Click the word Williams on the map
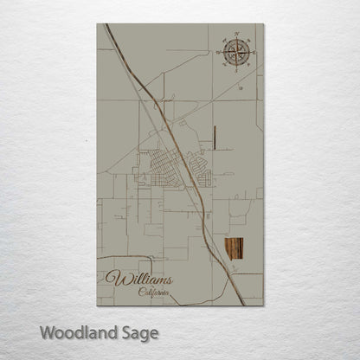(x=139, y=280)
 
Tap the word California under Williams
(x=155, y=293)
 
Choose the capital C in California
(x=141, y=293)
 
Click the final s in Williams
(x=169, y=280)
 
